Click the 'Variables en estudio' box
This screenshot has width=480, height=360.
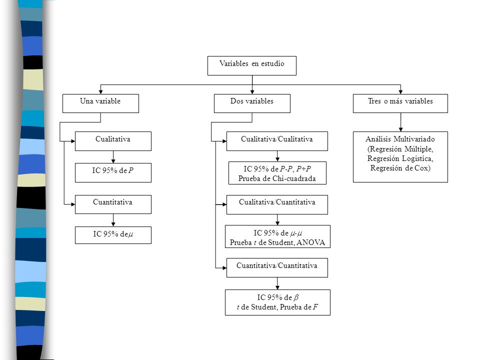[x=252, y=65]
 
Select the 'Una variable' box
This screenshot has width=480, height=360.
[x=100, y=103]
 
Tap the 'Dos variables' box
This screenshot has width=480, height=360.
[x=252, y=103]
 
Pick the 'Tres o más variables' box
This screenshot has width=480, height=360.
[x=400, y=103]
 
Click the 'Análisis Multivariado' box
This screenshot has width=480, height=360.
[x=400, y=157]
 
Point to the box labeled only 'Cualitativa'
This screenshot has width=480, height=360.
[x=113, y=141]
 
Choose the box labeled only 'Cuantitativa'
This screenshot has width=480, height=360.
[x=113, y=204]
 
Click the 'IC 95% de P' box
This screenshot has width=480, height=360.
[x=113, y=172]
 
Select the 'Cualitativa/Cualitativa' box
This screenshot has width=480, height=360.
[x=277, y=141]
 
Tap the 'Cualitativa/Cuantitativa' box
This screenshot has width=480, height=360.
[x=277, y=204]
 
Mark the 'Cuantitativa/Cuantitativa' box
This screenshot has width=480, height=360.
[x=277, y=268]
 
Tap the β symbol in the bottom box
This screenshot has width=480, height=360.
[x=296, y=297]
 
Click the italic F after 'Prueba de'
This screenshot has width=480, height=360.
[x=315, y=307]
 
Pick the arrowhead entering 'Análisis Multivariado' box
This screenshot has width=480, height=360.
[x=400, y=129]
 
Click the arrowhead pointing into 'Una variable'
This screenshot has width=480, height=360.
[x=100, y=92]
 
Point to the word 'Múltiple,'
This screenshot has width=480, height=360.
[x=419, y=149]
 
